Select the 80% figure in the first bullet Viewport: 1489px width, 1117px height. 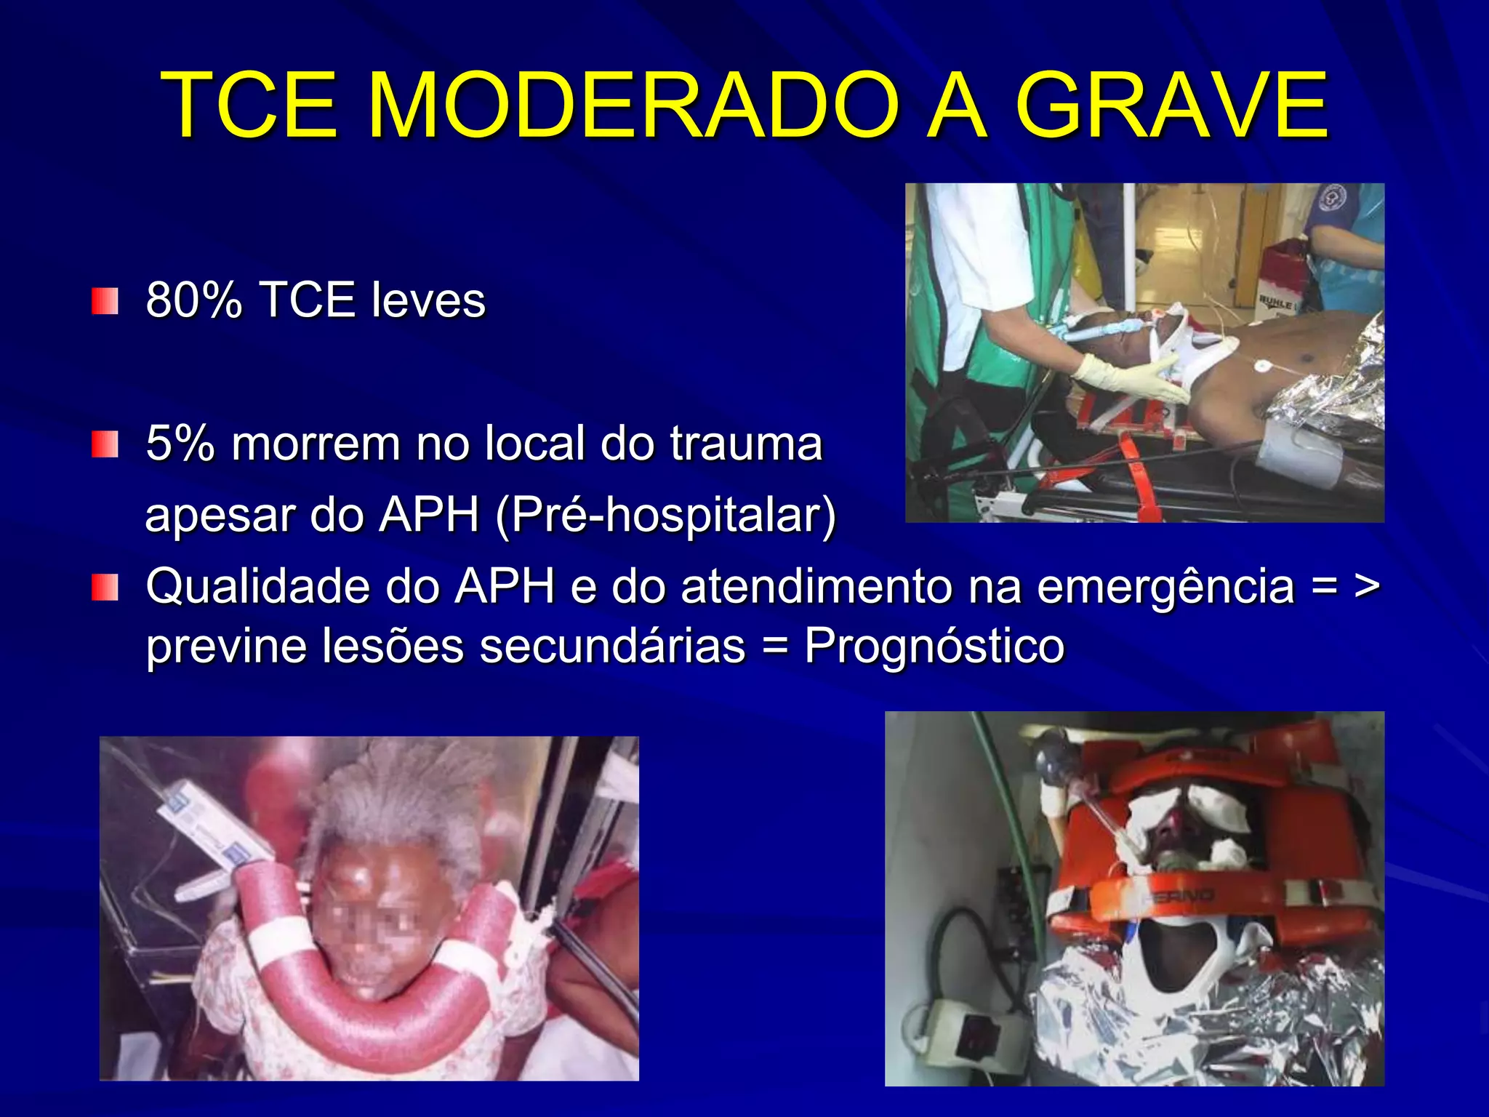pos(193,300)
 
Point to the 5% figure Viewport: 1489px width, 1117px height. pos(180,443)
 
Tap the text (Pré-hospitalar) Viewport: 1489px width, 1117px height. pos(665,514)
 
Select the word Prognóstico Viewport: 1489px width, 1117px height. pos(934,645)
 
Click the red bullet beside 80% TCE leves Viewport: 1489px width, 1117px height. pos(105,300)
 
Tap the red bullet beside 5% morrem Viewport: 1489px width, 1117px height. pos(105,444)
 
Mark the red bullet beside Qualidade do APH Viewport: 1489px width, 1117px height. pos(105,587)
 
